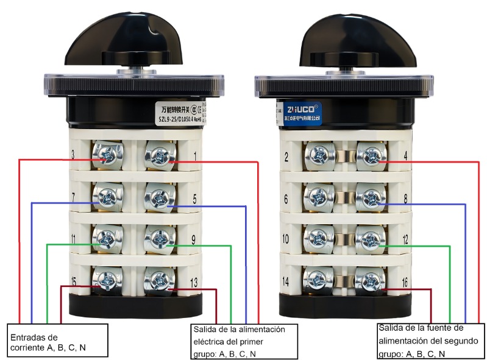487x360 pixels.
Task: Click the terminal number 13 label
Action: pyautogui.click(x=194, y=282)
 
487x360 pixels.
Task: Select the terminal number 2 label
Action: pyautogui.click(x=286, y=158)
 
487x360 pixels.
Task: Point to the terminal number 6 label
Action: pyautogui.click(x=286, y=199)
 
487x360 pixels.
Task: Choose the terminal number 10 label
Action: pyautogui.click(x=286, y=239)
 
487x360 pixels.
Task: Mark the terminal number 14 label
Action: pyautogui.click(x=286, y=282)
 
